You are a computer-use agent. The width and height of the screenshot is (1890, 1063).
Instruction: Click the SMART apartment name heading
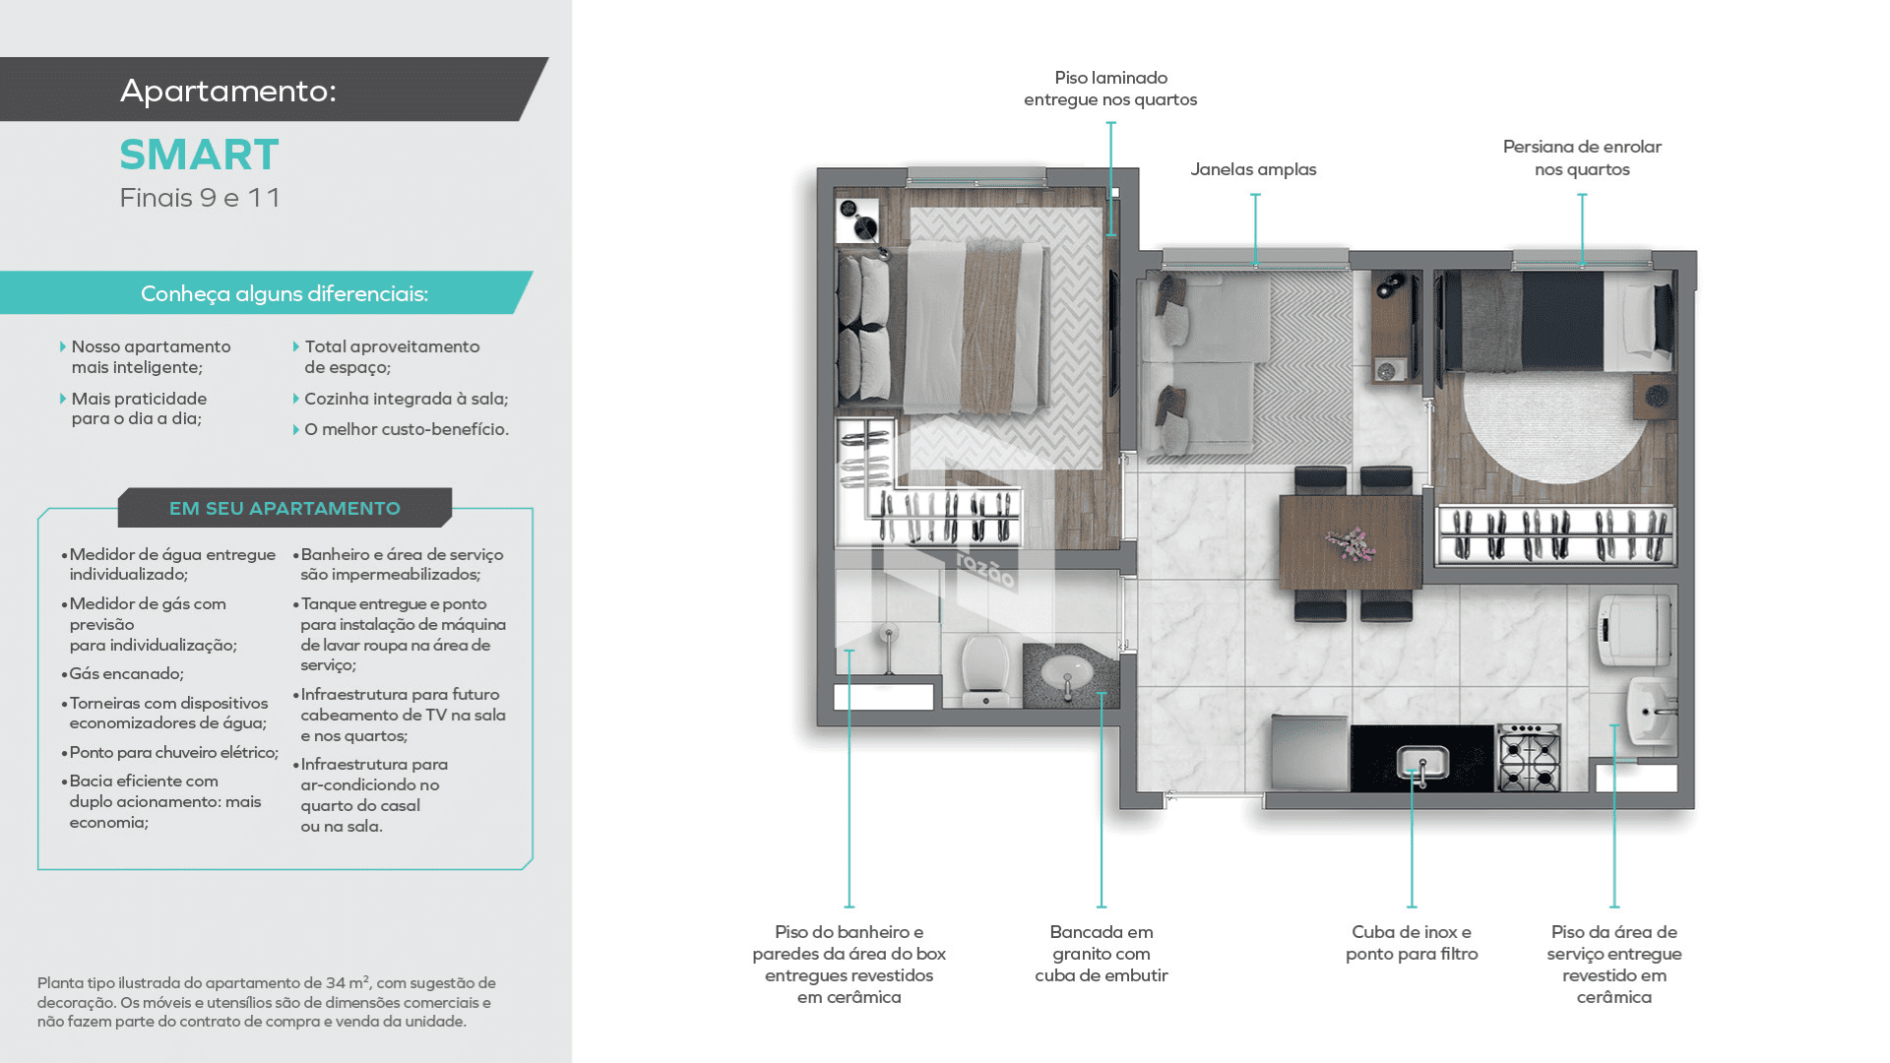pyautogui.click(x=199, y=155)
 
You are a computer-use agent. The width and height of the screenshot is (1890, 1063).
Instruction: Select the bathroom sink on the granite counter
pyautogui.click(x=1067, y=674)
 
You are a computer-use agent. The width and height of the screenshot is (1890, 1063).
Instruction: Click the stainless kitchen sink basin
pyautogui.click(x=1422, y=761)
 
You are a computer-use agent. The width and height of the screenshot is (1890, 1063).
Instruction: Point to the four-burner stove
pyautogui.click(x=1529, y=758)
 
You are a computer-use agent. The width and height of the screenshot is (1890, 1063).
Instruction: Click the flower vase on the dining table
pyautogui.click(x=1349, y=543)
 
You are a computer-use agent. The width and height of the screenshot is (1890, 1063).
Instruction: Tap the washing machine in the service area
pyautogui.click(x=1634, y=630)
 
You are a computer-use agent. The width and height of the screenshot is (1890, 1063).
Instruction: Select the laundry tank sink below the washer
pyautogui.click(x=1651, y=710)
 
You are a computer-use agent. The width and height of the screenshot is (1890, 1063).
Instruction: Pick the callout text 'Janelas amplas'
pyautogui.click(x=1253, y=169)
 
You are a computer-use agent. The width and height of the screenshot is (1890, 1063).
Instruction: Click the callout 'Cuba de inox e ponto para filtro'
pyautogui.click(x=1412, y=943)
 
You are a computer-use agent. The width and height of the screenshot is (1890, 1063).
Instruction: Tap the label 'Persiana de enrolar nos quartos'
pyautogui.click(x=1582, y=157)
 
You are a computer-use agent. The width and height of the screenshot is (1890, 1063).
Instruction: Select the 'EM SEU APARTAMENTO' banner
pyautogui.click(x=284, y=508)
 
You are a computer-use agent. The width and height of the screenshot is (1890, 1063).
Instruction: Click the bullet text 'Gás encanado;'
pyautogui.click(x=126, y=674)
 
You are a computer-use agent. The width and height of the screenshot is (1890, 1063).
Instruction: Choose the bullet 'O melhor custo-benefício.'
pyautogui.click(x=406, y=429)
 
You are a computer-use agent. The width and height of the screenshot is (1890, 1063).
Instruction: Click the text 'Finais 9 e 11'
pyautogui.click(x=200, y=198)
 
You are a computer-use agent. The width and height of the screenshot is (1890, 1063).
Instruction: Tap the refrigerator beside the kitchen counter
pyautogui.click(x=1309, y=753)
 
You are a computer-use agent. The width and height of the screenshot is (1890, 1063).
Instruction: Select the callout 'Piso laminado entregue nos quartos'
pyautogui.click(x=1110, y=89)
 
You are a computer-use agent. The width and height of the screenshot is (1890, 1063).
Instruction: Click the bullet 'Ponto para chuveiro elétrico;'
pyautogui.click(x=170, y=753)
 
